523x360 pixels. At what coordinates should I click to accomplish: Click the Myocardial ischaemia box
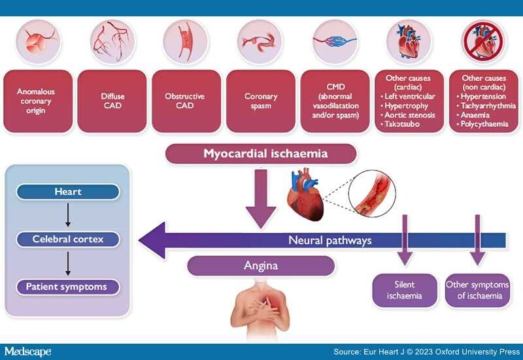tap(261, 154)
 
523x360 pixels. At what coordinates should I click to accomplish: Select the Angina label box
tap(261, 266)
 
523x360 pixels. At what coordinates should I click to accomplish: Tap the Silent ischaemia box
tap(405, 290)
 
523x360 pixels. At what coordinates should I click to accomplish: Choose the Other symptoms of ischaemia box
tap(477, 290)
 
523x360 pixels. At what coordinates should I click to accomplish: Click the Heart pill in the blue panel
tap(68, 192)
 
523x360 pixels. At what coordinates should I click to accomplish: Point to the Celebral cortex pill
tap(68, 239)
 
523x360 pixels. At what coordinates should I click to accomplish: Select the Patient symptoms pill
tap(68, 287)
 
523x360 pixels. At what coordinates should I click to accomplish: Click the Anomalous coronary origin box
tap(38, 101)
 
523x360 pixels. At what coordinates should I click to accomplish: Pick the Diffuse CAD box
tap(112, 101)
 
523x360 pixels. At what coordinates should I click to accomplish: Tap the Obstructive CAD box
tap(186, 101)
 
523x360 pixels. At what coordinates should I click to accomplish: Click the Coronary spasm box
tap(261, 101)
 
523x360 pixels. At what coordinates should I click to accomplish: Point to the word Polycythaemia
tap(484, 124)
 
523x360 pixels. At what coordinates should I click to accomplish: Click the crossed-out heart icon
tap(483, 42)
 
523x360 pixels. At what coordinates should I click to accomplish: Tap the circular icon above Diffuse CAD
tap(112, 42)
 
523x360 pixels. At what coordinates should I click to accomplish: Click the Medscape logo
tap(27, 352)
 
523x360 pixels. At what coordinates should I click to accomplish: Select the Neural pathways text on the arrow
tap(330, 240)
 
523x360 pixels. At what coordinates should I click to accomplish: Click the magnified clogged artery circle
tap(372, 193)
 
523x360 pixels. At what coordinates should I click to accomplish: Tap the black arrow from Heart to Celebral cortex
tap(68, 215)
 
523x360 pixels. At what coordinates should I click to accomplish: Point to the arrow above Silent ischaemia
tap(405, 240)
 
